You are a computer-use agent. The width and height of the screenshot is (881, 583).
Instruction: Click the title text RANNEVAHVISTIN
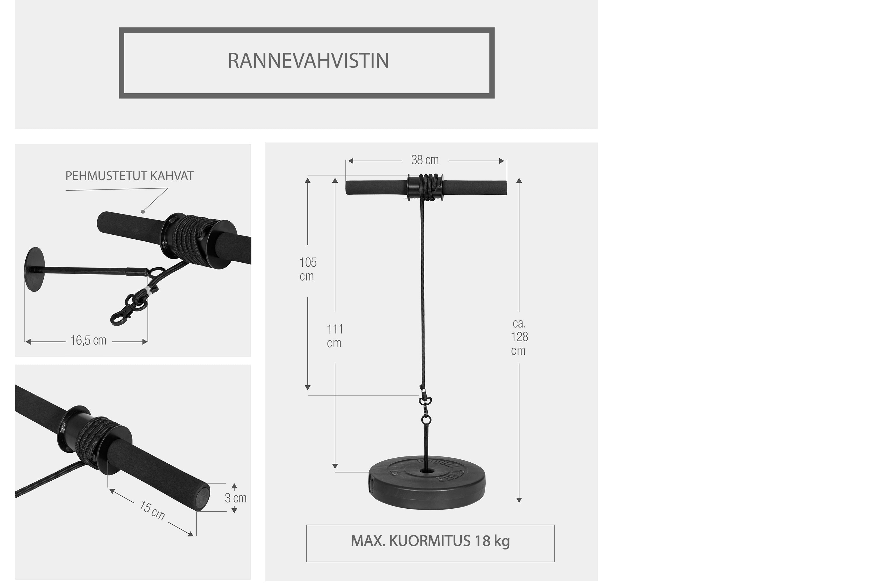click(308, 61)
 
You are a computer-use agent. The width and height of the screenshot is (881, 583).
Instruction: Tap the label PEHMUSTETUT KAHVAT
click(129, 176)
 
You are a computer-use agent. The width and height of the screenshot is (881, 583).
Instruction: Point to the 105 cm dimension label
click(308, 269)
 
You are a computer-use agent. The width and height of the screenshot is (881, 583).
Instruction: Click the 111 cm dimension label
click(334, 336)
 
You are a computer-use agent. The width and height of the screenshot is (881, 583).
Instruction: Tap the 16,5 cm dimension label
click(89, 340)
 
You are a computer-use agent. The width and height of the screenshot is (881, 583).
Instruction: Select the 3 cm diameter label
click(236, 498)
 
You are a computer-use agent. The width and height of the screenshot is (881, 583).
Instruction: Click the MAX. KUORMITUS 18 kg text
click(430, 541)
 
